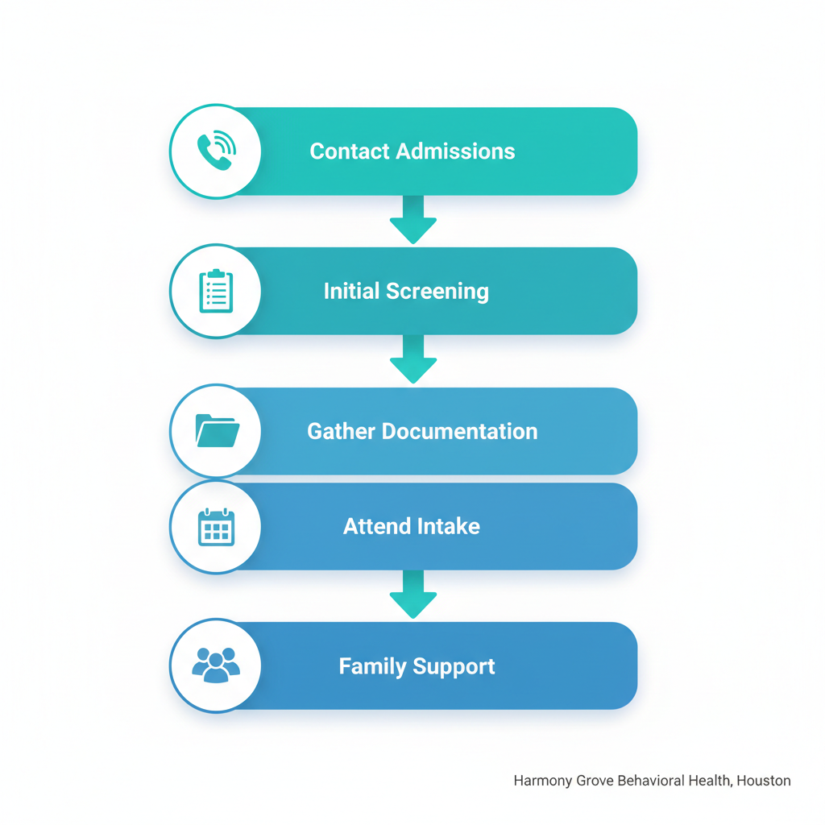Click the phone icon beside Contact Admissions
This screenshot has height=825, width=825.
(x=216, y=151)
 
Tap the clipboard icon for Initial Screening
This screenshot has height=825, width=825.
(x=216, y=291)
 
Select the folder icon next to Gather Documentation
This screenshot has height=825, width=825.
(x=217, y=431)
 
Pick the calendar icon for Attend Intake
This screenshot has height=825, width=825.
(x=216, y=527)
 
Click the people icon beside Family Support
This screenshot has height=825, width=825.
(x=216, y=665)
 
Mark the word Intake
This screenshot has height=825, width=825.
(x=449, y=527)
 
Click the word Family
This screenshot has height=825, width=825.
(x=373, y=666)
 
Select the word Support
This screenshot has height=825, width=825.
(x=455, y=667)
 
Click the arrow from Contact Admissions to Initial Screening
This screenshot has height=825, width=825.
(x=413, y=219)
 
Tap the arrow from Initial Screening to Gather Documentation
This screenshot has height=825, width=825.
(x=413, y=359)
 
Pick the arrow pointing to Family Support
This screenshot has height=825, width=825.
(x=413, y=595)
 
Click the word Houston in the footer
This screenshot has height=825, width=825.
(x=764, y=781)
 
